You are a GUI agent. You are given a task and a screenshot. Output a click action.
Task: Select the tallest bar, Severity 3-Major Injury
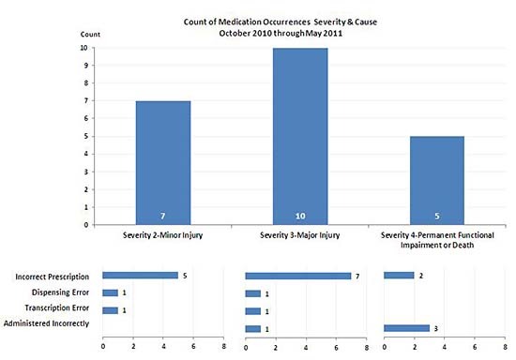(x=300, y=136)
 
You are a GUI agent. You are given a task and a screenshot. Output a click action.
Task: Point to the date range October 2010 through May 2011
(x=280, y=32)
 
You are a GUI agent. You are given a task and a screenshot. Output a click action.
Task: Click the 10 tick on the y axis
(x=85, y=48)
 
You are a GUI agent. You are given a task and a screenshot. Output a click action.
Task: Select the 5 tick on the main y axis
(x=86, y=136)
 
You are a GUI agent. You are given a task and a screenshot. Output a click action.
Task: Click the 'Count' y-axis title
(x=91, y=35)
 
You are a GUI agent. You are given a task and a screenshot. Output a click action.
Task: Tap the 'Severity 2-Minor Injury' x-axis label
(x=163, y=234)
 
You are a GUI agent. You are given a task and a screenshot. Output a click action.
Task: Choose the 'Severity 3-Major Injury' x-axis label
(x=301, y=234)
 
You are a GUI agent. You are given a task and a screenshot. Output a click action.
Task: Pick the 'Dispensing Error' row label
(x=60, y=292)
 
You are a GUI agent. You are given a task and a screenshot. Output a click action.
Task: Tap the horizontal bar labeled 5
(x=140, y=276)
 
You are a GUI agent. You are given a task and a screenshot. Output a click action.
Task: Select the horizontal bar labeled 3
(x=406, y=328)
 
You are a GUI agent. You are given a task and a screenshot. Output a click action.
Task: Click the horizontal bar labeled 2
(x=399, y=276)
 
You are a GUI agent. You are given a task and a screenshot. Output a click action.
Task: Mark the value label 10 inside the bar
(x=300, y=215)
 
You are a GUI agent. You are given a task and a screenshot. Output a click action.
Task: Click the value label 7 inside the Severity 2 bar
(x=163, y=215)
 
